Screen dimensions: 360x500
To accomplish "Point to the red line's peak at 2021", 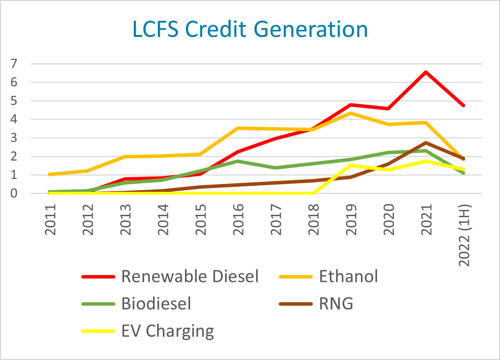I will click(x=426, y=72).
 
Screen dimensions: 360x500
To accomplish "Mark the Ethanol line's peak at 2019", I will click(x=351, y=113).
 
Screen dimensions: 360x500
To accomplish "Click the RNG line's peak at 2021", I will click(x=426, y=143).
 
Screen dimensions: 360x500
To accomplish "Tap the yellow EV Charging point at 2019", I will click(x=351, y=165).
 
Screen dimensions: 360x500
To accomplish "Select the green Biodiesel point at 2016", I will click(x=238, y=161).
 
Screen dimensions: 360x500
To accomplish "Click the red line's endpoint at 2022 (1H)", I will click(x=463, y=105).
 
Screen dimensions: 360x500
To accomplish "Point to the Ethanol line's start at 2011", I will click(x=49, y=174).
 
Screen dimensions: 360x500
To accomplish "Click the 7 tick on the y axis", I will click(x=14, y=64).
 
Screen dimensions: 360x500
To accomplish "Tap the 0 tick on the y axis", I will click(x=14, y=193).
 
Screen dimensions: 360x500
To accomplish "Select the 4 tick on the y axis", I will click(x=14, y=119).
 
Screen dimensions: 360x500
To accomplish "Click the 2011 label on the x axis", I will click(x=51, y=220).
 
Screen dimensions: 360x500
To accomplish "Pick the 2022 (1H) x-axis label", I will click(x=464, y=235).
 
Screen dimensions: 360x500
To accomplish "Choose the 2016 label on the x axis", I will click(x=238, y=220).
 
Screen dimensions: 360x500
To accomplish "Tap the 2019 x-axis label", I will click(x=351, y=220).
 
